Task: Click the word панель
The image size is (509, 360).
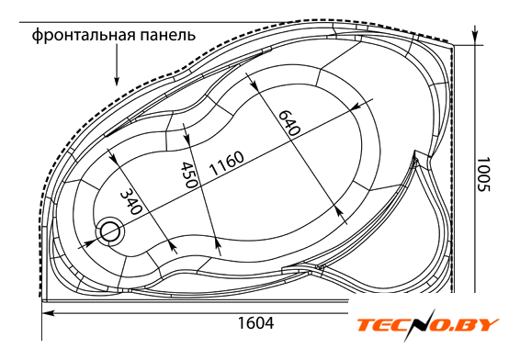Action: [168, 35]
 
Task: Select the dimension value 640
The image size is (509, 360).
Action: [288, 122]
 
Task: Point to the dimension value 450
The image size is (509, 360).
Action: [189, 174]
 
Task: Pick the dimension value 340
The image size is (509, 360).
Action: [130, 202]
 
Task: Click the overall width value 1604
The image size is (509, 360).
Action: [255, 322]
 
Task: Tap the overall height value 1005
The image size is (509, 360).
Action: [483, 174]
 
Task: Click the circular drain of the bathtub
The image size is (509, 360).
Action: [110, 231]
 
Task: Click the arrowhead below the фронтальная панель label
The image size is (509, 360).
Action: [117, 81]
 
